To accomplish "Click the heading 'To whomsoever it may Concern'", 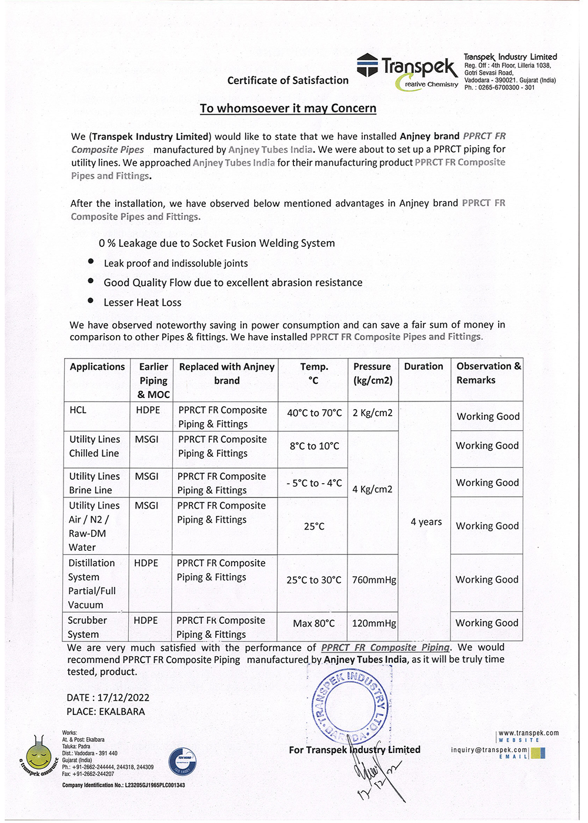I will (x=288, y=108).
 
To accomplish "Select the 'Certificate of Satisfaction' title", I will (x=288, y=81).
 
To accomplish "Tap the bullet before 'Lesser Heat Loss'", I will (x=91, y=300).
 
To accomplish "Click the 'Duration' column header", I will (x=423, y=366).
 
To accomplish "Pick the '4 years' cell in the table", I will (x=426, y=522).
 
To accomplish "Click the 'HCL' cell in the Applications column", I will (x=78, y=410).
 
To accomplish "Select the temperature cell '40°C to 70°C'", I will (x=314, y=413).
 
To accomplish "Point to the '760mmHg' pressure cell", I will (x=374, y=580).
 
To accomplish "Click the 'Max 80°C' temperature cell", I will (x=313, y=623).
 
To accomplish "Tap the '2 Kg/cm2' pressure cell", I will (x=372, y=413).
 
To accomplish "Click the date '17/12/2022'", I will (x=123, y=698).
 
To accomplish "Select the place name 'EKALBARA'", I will (x=122, y=712).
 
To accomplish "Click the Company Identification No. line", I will (x=123, y=785).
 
